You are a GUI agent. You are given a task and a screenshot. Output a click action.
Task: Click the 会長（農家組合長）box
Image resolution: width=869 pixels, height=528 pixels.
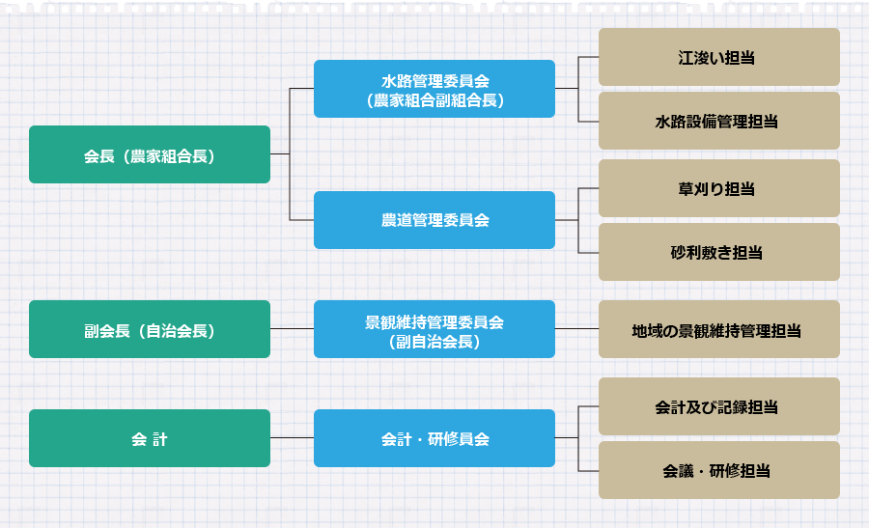point(150,154)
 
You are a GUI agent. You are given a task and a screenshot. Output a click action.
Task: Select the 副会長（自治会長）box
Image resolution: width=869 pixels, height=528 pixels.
point(150,329)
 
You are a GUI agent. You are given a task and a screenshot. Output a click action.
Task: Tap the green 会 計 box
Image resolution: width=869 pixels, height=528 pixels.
point(150,438)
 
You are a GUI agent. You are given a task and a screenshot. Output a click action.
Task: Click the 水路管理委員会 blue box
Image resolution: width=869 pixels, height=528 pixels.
point(434,89)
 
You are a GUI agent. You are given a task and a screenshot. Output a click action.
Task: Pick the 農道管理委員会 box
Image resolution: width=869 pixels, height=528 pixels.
point(434,220)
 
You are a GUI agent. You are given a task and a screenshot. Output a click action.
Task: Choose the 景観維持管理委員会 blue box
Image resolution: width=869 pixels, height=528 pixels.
point(434,329)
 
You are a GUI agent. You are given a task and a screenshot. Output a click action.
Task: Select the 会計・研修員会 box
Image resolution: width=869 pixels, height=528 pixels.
point(434,438)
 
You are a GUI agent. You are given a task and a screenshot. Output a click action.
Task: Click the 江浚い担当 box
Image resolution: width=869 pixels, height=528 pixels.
point(718,57)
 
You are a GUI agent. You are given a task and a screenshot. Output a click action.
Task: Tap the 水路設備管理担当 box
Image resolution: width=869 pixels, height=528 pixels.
point(718,121)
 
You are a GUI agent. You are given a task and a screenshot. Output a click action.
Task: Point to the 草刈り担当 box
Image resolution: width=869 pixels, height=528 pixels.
point(718,188)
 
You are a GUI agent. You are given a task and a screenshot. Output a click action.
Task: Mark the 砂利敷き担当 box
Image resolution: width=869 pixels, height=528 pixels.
point(718,252)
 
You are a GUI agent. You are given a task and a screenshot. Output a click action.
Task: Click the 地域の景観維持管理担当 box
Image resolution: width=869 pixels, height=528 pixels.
point(718,329)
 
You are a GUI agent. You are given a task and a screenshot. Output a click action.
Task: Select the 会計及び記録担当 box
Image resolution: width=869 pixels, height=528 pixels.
point(718,406)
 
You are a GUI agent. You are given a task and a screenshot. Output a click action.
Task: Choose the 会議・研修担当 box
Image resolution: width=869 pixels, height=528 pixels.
point(718,470)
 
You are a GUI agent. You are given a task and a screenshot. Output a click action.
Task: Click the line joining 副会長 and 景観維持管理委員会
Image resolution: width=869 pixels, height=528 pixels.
point(293,329)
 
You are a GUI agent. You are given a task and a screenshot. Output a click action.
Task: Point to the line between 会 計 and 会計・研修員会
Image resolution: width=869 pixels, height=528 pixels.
point(293,438)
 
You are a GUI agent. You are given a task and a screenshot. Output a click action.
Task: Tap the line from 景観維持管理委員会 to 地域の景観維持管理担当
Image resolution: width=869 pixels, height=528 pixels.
point(576,329)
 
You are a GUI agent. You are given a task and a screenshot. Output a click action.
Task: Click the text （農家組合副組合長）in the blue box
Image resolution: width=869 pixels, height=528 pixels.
point(434,99)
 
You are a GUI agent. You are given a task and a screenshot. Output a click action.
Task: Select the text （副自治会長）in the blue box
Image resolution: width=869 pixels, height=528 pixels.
point(434,340)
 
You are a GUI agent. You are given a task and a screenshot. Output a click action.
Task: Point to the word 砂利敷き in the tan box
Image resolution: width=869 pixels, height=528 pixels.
point(695,252)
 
